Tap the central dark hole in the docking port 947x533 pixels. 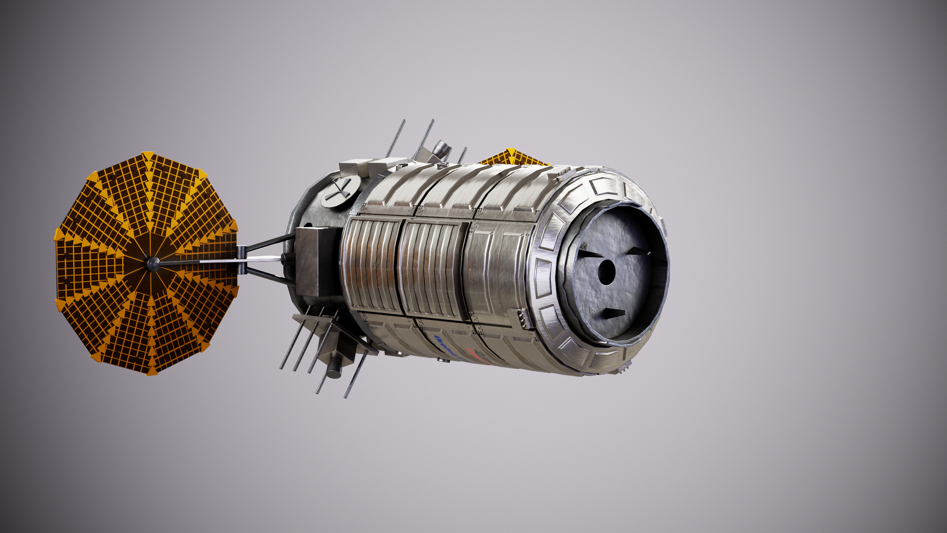pos(606,272)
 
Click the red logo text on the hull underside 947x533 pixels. pos(477,357)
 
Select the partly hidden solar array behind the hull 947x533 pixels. pos(513,157)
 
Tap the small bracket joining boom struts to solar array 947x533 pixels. pos(241,260)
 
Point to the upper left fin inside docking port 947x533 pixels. pos(589,254)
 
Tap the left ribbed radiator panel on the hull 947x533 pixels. pos(371,266)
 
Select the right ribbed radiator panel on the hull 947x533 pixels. pos(432,269)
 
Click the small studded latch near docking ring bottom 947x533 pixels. pos(522,318)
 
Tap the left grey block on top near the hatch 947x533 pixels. pos(354,167)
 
